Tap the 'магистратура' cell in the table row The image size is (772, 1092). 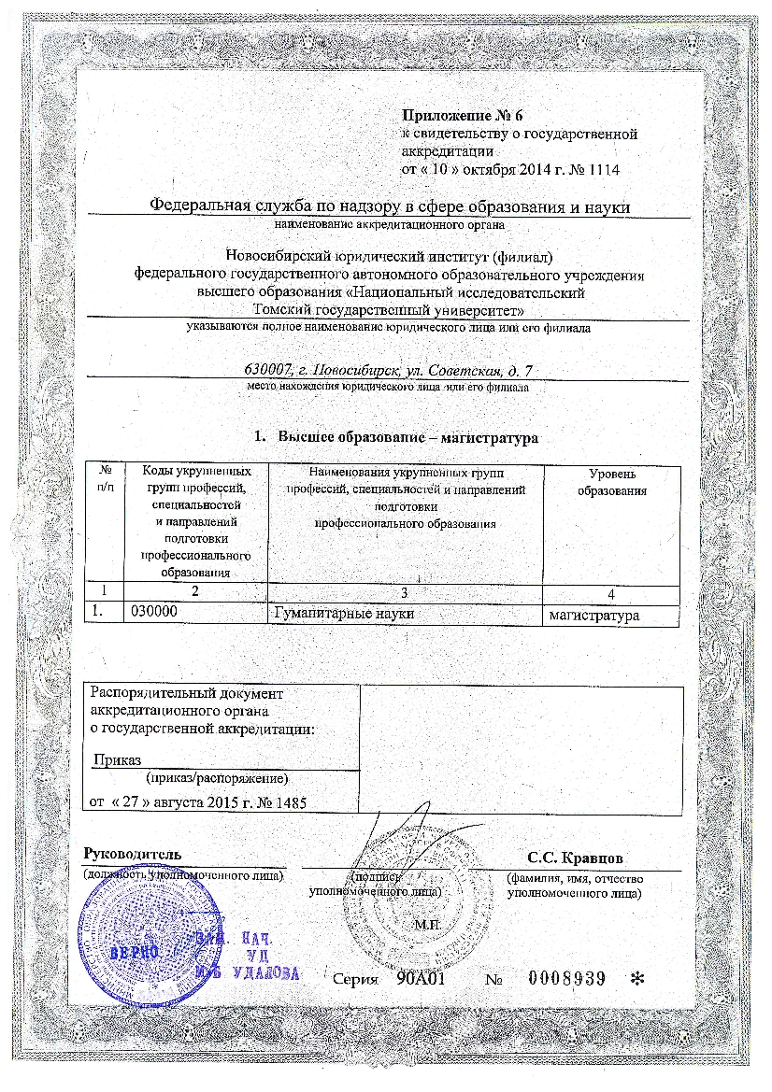tap(593, 616)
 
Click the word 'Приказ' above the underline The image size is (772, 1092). tap(116, 760)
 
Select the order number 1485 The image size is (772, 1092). tap(289, 802)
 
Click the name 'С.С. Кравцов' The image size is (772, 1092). tap(576, 858)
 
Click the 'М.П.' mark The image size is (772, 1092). tap(426, 924)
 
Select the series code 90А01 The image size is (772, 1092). tap(420, 979)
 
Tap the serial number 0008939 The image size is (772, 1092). tap(567, 979)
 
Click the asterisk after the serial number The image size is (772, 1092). tap(638, 979)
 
